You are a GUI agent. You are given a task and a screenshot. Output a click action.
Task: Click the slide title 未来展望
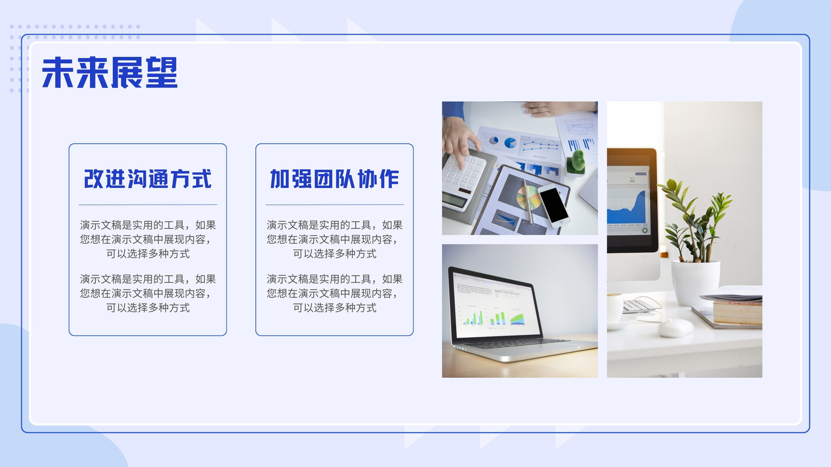click(x=110, y=73)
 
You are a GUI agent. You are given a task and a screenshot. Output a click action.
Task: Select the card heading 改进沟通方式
click(x=148, y=179)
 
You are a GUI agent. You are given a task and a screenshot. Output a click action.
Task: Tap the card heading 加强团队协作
click(x=334, y=179)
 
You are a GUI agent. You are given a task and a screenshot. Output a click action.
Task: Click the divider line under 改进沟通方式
click(x=148, y=204)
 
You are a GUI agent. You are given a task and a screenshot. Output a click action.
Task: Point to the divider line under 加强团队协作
click(x=334, y=204)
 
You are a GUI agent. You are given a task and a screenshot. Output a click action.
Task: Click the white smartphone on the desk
click(x=554, y=205)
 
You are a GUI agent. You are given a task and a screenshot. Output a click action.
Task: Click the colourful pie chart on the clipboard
click(x=529, y=197)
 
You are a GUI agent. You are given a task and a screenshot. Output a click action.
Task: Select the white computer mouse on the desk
click(x=676, y=327)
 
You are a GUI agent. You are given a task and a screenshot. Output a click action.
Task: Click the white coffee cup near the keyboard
click(x=615, y=308)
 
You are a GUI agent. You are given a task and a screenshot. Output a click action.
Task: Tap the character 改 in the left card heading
click(x=93, y=179)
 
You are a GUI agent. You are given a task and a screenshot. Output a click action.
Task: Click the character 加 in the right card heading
click(x=279, y=179)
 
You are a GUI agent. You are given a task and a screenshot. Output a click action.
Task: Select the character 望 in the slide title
click(x=162, y=73)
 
